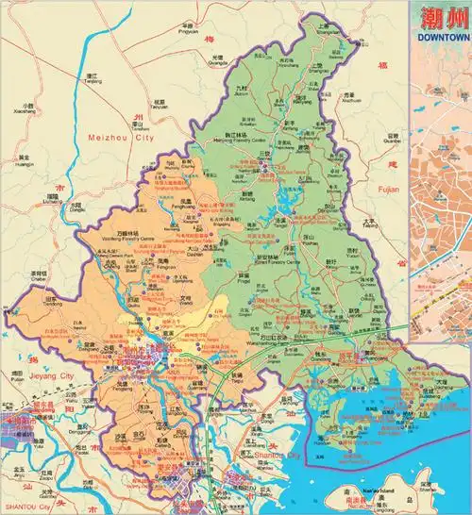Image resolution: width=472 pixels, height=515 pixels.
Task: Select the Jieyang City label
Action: pyautogui.click(x=33, y=375)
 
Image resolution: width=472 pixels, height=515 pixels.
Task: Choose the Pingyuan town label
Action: pyautogui.click(x=188, y=31)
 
